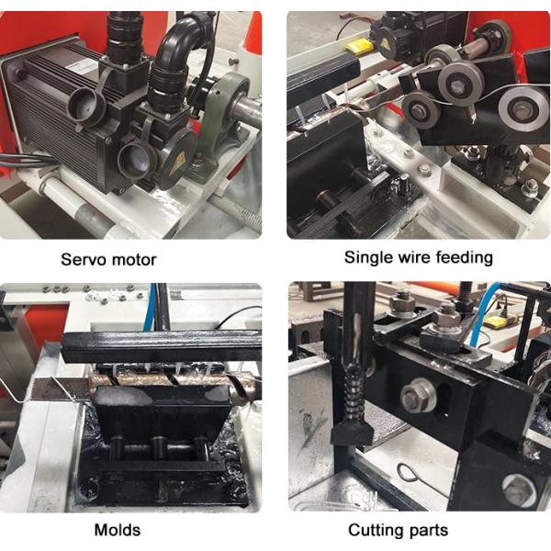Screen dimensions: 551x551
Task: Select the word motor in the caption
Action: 132,260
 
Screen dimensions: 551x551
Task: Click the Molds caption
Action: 118,530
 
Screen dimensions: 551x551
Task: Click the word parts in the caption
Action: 426,531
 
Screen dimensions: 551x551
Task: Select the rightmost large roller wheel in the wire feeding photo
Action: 523,109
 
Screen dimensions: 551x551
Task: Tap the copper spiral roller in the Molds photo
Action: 169,381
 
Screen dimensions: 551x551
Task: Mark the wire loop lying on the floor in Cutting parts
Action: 410,474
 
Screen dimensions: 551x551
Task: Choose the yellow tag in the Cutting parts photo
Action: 497,320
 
